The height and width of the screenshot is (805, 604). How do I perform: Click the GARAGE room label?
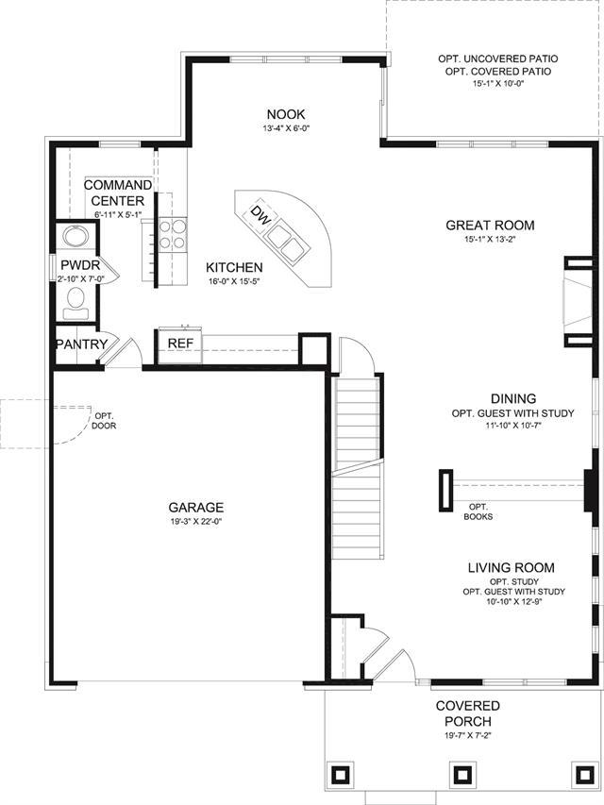(196, 508)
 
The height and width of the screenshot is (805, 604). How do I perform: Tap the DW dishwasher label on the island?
(261, 215)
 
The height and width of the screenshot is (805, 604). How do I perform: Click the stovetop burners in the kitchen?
(172, 234)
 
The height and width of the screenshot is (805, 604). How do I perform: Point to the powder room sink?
(76, 236)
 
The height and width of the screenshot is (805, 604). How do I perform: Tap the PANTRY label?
(82, 344)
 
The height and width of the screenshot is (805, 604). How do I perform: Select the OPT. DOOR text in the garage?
(104, 421)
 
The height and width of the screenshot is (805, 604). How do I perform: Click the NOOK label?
(286, 114)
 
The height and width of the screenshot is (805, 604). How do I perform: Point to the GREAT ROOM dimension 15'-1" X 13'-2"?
(490, 239)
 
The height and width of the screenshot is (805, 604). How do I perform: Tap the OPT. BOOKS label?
(478, 512)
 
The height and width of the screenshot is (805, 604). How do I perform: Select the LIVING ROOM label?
(511, 568)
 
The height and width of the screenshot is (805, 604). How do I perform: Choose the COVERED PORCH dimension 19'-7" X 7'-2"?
(467, 735)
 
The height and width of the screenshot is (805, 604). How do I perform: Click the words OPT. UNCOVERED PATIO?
(498, 59)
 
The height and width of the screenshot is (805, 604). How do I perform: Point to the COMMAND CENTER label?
(118, 193)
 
